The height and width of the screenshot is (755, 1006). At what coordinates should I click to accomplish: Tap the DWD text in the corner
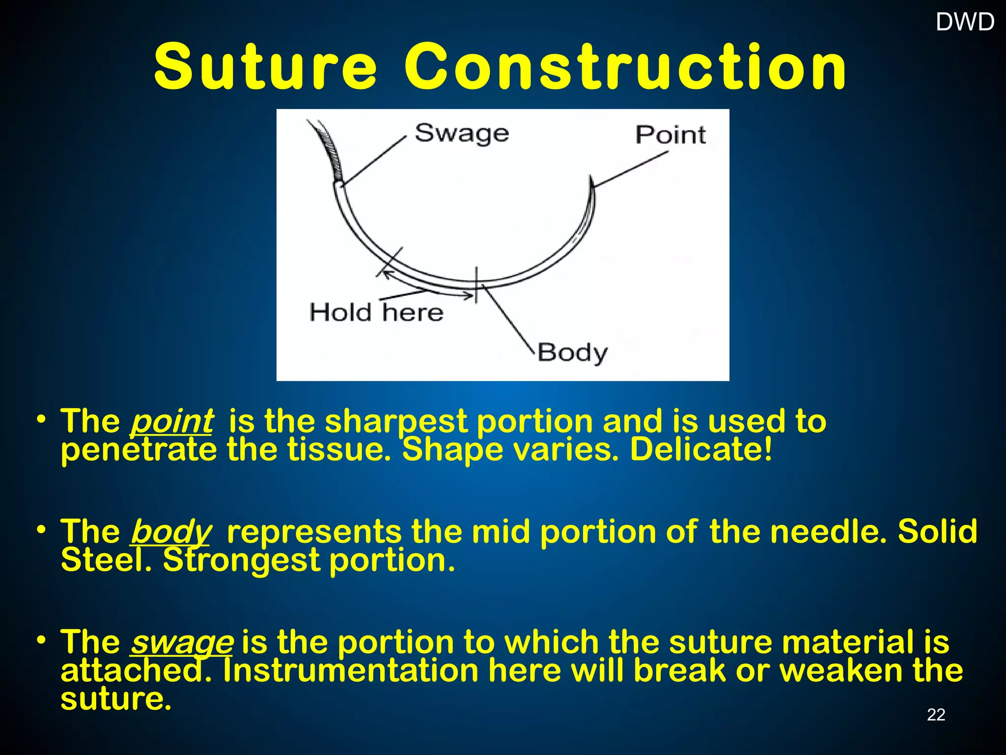click(x=965, y=22)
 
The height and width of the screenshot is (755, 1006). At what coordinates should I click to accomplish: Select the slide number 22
click(x=936, y=714)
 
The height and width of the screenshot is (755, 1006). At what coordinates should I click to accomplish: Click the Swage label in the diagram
click(x=462, y=134)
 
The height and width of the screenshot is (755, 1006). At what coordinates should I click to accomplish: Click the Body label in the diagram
click(x=572, y=352)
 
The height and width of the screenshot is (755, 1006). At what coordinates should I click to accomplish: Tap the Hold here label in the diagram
click(x=376, y=312)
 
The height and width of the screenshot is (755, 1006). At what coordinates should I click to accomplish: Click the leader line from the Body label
click(x=508, y=317)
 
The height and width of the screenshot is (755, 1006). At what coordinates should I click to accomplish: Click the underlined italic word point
click(x=171, y=421)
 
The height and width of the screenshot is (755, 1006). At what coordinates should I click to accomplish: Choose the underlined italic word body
click(x=170, y=531)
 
